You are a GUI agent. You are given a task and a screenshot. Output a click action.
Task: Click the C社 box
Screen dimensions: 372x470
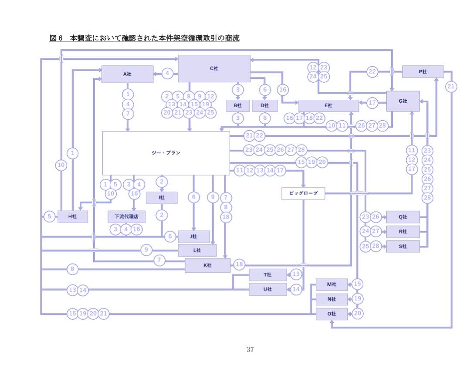(x=214, y=68)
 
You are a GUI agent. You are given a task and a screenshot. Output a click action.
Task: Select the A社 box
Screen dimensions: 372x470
(x=127, y=74)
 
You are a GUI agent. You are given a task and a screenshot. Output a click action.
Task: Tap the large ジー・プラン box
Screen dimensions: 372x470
(x=166, y=153)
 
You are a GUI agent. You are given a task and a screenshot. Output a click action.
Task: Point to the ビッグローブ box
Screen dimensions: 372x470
(x=303, y=193)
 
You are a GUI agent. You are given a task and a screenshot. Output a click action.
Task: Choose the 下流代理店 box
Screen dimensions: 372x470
(x=126, y=216)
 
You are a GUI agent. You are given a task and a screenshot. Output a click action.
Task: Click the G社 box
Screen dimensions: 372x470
(x=403, y=101)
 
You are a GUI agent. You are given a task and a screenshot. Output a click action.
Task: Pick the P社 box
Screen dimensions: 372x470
(x=423, y=71)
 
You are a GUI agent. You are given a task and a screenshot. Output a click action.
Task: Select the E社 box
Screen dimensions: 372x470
(x=328, y=105)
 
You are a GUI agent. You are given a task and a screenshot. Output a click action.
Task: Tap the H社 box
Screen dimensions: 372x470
(x=72, y=216)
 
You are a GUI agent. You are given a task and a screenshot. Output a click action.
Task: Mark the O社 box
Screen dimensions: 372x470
(x=331, y=314)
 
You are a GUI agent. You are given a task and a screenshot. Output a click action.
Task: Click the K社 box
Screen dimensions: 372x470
(x=207, y=265)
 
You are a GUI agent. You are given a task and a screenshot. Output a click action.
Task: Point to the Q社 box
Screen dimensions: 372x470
(x=403, y=217)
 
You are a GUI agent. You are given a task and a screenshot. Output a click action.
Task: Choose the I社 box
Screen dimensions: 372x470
(x=162, y=198)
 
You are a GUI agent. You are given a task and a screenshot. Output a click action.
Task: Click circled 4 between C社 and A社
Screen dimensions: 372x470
(x=168, y=74)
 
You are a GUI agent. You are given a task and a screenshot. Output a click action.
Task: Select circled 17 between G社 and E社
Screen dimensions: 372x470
(x=372, y=103)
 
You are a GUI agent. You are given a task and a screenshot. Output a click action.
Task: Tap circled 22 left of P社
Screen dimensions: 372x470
(x=372, y=72)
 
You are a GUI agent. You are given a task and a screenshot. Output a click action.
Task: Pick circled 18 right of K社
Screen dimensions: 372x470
(x=239, y=264)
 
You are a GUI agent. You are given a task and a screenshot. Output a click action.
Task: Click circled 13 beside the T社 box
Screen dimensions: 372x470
(x=296, y=274)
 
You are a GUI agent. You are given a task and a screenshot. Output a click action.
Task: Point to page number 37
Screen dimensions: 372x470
(x=250, y=349)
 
